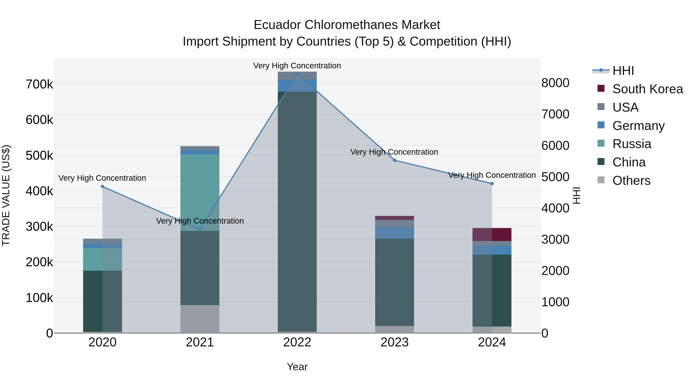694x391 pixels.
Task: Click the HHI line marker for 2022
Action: point(297,74)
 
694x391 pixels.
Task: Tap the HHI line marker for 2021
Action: point(200,229)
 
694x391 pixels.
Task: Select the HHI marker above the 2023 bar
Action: point(394,160)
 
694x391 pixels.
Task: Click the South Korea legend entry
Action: point(647,89)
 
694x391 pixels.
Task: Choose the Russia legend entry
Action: point(632,144)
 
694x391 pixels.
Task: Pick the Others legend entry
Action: point(631,181)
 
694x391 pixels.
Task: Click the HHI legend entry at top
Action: point(623,71)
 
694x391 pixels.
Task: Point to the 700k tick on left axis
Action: point(39,84)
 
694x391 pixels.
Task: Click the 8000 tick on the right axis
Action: point(556,83)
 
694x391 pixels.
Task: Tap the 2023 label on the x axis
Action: point(394,342)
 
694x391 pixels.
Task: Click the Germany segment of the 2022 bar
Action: point(297,86)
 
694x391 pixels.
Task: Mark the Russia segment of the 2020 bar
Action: point(102,259)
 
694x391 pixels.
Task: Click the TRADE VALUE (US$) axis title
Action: point(6,195)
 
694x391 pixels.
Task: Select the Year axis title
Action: point(297,367)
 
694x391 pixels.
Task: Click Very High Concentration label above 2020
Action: point(102,178)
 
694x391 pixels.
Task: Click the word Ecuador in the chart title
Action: point(277,25)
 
